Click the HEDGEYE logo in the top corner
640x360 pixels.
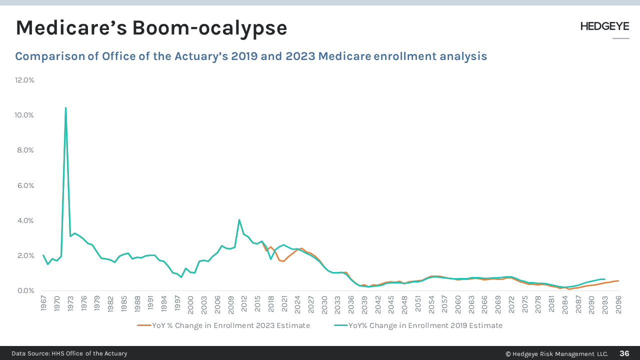pos(604,26)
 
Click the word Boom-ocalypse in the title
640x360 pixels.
pos(209,28)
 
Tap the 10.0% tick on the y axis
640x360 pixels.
pos(24,115)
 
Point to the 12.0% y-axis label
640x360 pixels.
pos(24,80)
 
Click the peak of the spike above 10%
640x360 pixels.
pos(65,107)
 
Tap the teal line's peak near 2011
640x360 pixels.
pos(239,219)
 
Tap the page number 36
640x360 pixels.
pos(624,353)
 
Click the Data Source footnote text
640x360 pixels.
pos(69,353)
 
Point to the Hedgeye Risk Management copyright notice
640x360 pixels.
pos(556,353)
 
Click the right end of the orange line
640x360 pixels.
pos(618,280)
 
